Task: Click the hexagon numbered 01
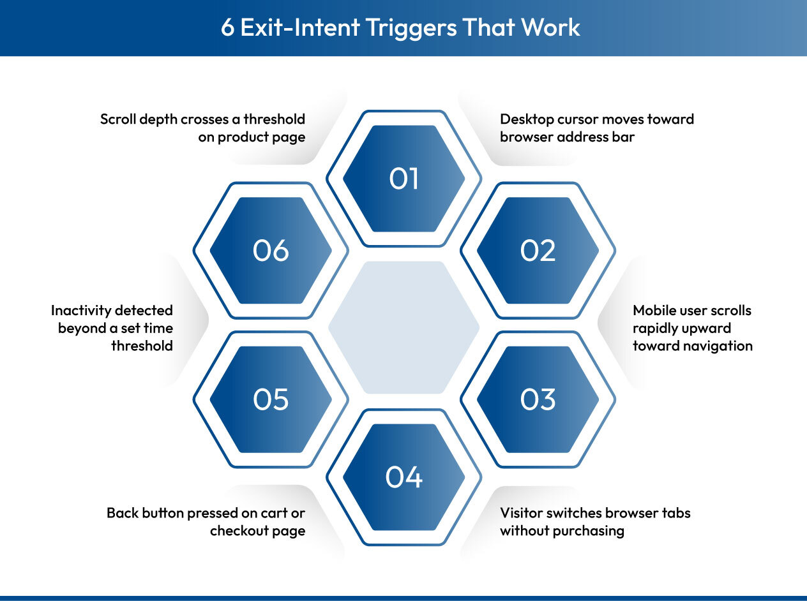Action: [403, 179]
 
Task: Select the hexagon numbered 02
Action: [538, 251]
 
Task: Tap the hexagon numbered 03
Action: [538, 399]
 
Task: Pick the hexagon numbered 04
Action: [403, 477]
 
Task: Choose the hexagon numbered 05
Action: [271, 399]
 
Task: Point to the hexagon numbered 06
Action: [271, 251]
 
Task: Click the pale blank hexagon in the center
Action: [403, 327]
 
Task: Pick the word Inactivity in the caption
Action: [80, 311]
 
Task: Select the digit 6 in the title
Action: [228, 28]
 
